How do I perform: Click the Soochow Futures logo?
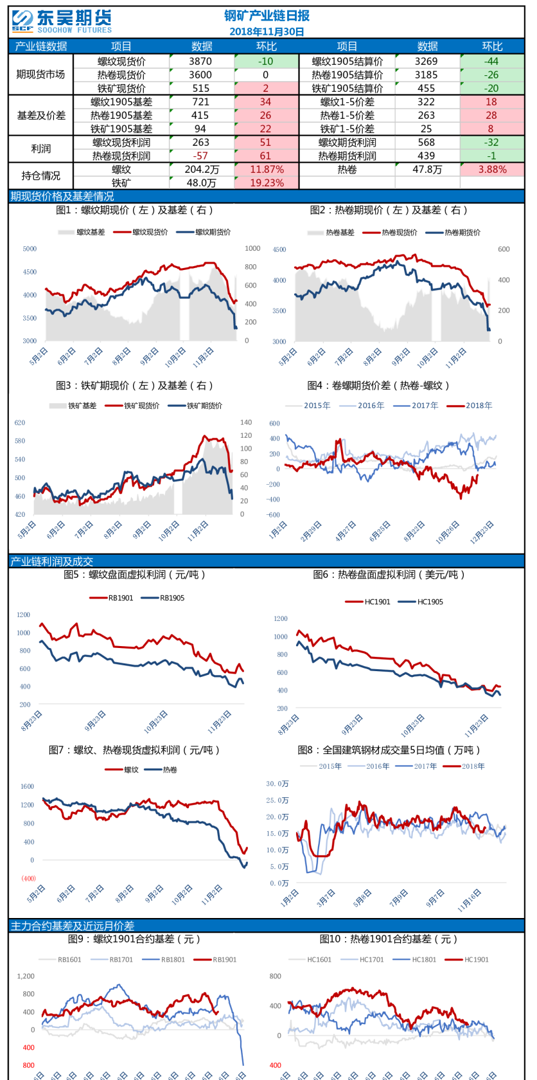[x=62, y=21]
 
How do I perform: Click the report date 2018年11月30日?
[x=267, y=32]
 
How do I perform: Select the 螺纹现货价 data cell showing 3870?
[x=200, y=61]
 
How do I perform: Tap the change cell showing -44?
[x=491, y=61]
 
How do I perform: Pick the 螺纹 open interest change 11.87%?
[x=267, y=170]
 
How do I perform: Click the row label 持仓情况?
[x=40, y=176]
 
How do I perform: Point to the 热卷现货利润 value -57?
[x=200, y=156]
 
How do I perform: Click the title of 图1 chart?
[x=134, y=210]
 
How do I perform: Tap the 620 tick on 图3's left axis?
[x=20, y=423]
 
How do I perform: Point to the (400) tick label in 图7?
[x=28, y=878]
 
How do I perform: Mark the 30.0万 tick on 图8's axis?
[x=277, y=784]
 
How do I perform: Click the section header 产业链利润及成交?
[x=52, y=561]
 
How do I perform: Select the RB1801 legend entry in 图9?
[x=173, y=960]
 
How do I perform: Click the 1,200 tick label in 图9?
[x=26, y=976]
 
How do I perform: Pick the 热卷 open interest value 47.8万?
[x=427, y=170]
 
